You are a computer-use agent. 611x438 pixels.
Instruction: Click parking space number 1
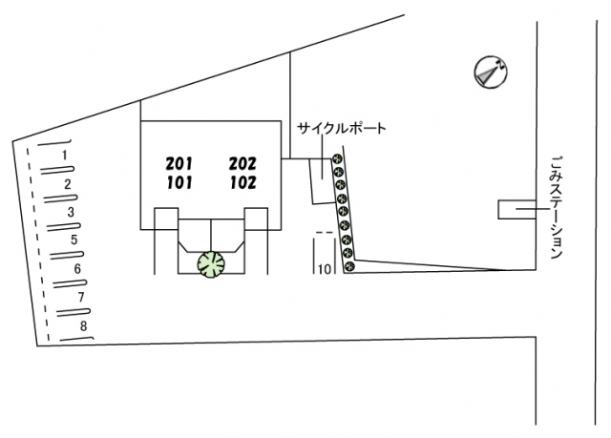(65, 156)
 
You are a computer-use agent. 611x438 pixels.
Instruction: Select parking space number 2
(68, 184)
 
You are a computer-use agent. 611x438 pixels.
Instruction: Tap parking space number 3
(71, 212)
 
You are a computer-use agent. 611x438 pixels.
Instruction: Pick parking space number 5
(74, 240)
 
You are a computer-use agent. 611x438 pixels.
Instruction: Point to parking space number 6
(77, 269)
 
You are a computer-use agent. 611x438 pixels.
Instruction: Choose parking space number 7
(81, 297)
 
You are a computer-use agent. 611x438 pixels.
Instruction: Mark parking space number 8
(84, 325)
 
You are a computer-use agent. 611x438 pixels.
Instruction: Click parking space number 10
(325, 269)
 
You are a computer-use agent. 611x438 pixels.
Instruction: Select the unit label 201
(179, 164)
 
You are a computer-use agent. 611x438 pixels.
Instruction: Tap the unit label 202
(242, 164)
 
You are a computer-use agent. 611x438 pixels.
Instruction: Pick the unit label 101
(179, 182)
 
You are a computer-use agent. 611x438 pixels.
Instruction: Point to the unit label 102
(243, 182)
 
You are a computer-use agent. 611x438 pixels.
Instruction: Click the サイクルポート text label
(342, 128)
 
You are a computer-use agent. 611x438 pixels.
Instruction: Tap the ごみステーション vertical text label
(557, 207)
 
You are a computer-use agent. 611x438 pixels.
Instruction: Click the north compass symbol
(491, 72)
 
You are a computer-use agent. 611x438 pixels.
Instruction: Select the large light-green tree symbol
(211, 264)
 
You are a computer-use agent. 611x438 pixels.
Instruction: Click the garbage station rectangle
(517, 210)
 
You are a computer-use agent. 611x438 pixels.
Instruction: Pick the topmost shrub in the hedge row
(337, 158)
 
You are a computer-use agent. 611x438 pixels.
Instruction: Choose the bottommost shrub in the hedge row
(350, 266)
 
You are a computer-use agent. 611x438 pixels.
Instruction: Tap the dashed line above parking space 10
(325, 233)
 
